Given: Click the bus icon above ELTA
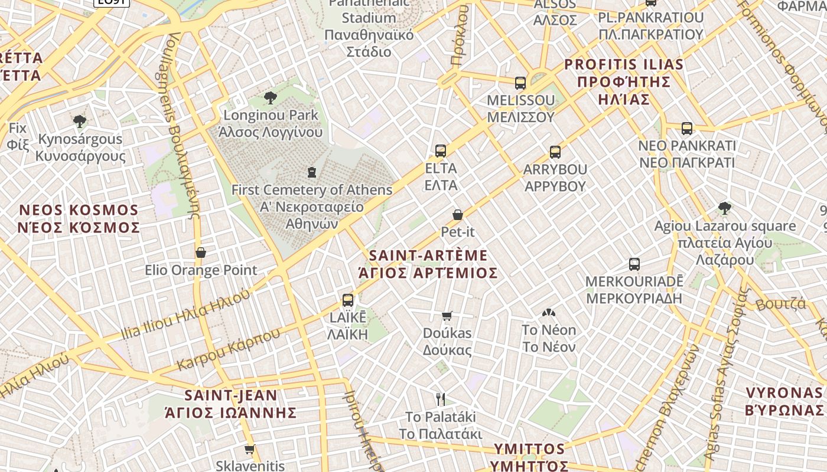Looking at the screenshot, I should [441, 150].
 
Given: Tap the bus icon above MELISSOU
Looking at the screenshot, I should [520, 83].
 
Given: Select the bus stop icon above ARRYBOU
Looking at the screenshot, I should [555, 152].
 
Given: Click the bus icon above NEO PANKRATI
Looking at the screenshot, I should [687, 128].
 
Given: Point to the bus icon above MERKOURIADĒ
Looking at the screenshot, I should [634, 264].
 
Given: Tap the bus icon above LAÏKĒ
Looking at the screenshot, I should [348, 300].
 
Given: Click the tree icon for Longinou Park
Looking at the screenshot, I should [271, 97].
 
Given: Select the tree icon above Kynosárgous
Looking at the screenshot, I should [80, 122].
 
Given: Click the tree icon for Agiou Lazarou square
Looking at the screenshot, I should [725, 208].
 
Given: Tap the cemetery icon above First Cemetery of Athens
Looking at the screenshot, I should [311, 172].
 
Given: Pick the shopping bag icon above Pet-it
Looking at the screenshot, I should [458, 215].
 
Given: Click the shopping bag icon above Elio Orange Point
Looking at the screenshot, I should [201, 253].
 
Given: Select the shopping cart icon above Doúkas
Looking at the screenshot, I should [447, 316].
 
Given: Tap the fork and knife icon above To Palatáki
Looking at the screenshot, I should [440, 399].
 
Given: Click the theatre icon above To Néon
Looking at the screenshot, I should [549, 313].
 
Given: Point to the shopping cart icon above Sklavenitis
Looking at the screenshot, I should [250, 449].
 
